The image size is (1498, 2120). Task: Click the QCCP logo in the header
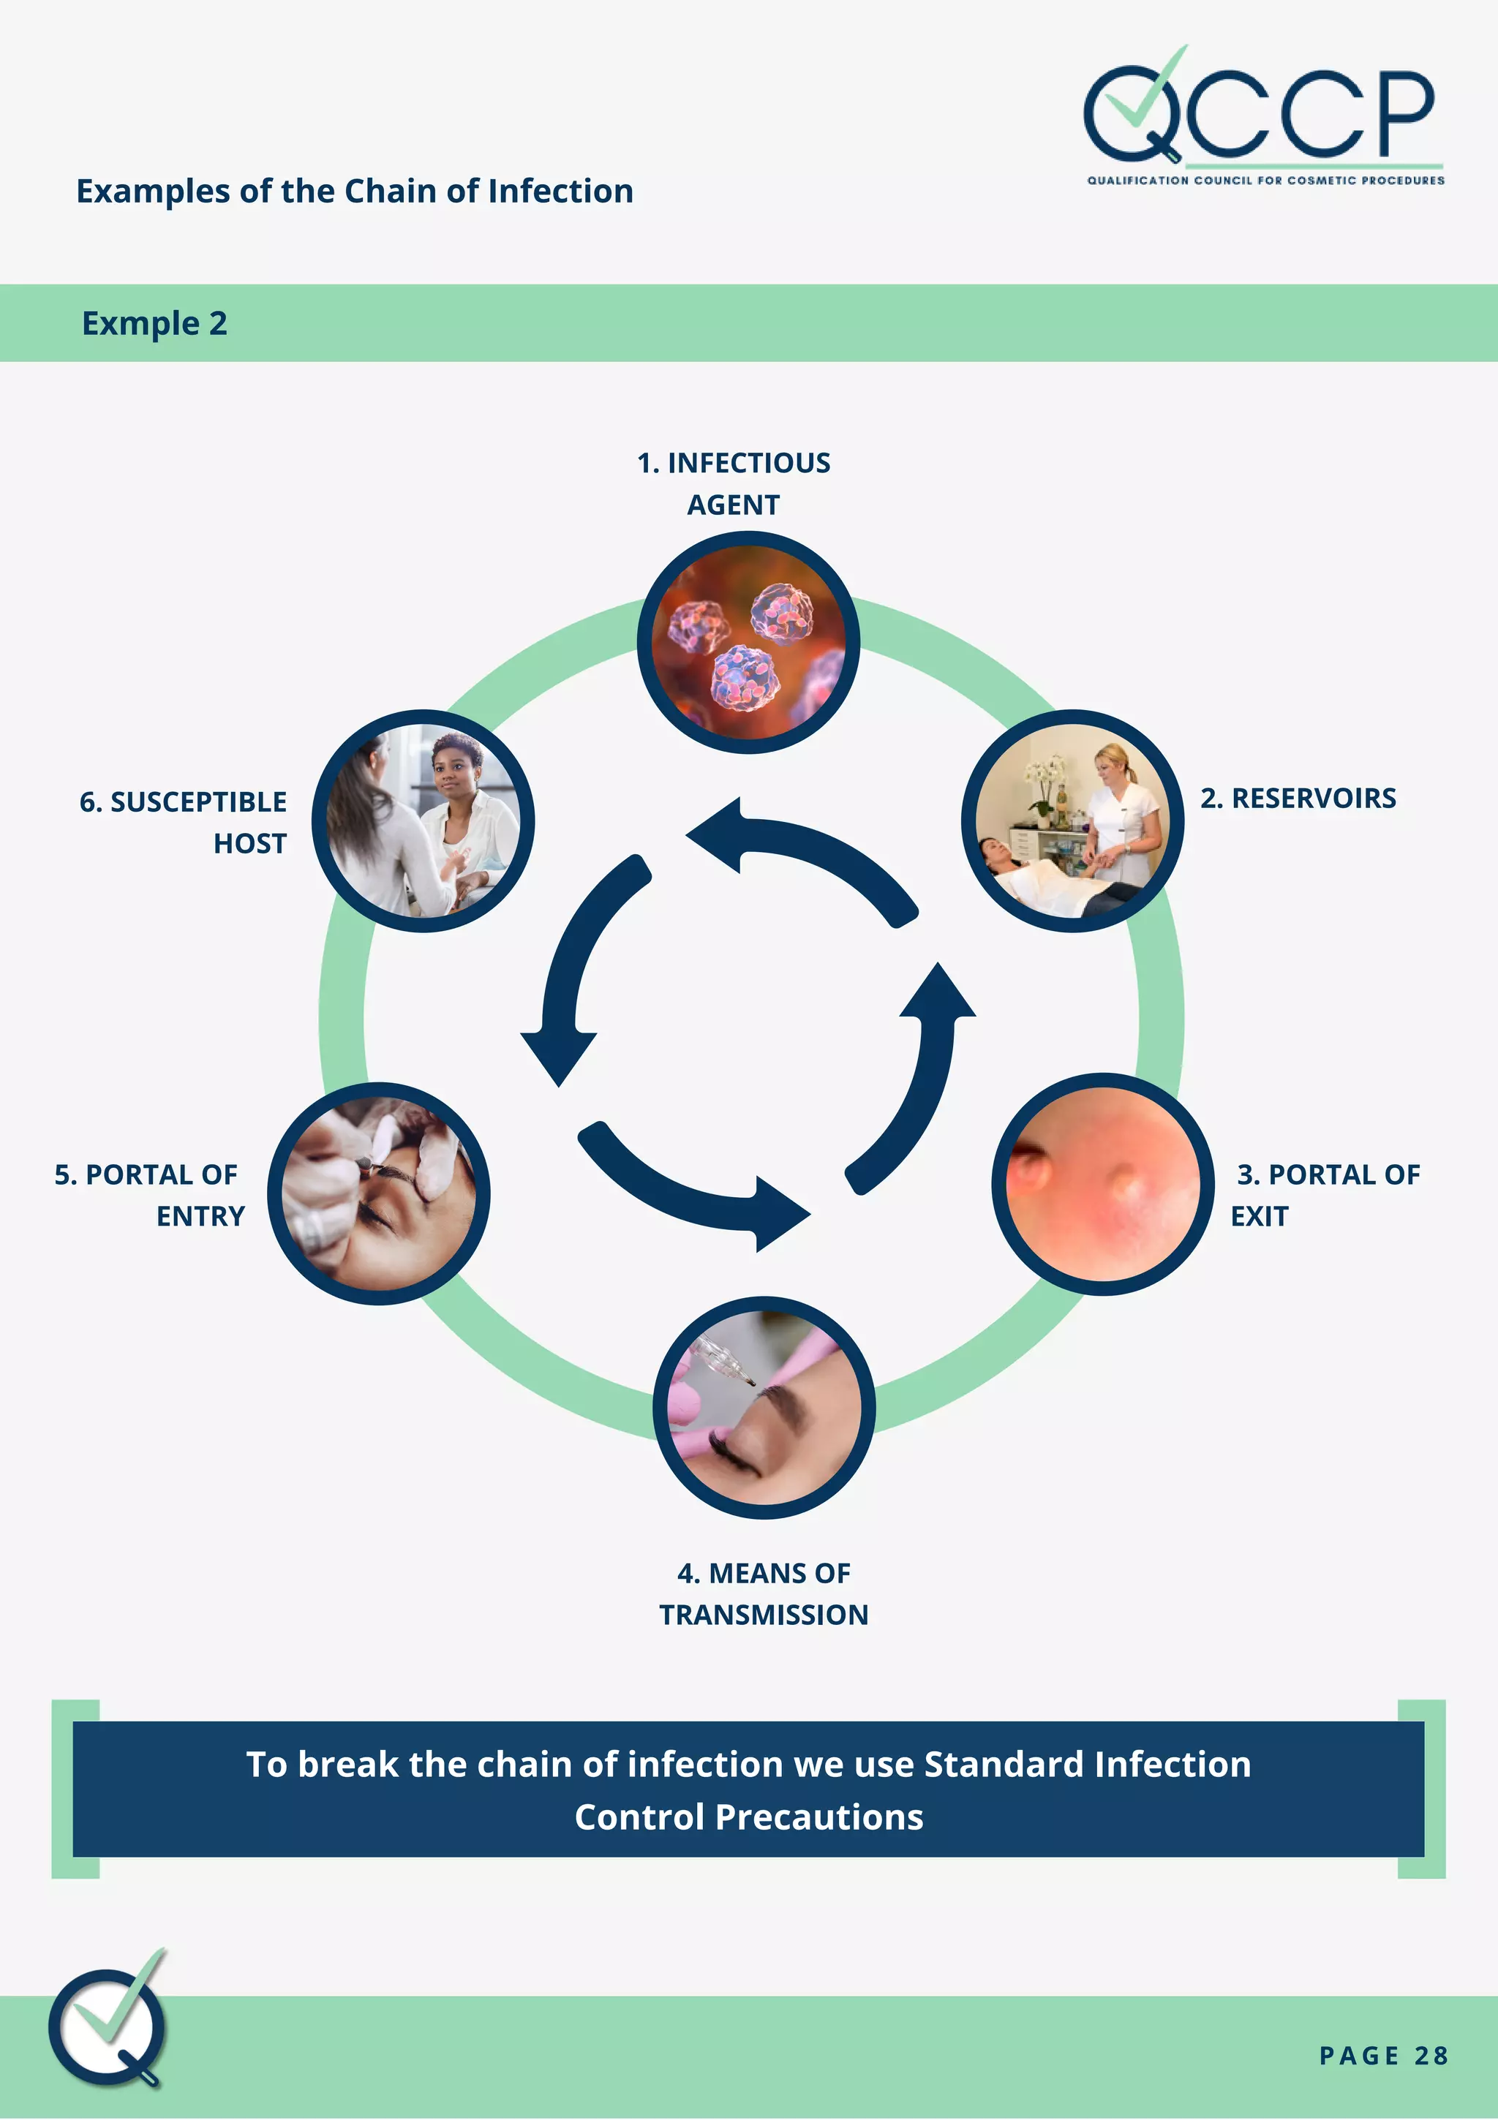1262,116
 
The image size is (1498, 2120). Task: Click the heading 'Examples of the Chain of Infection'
355,191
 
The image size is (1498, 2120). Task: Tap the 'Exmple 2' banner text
154,324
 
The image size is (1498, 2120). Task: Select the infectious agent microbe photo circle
748,643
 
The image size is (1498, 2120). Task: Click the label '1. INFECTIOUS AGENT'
734,483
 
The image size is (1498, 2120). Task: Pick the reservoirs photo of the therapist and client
1072,821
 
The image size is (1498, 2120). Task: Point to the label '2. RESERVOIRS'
1298,798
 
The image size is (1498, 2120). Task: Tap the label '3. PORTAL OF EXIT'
1325,1195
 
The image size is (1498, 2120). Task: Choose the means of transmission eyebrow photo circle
764,1407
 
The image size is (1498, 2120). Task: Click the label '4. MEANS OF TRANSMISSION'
764,1593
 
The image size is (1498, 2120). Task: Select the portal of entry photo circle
379,1194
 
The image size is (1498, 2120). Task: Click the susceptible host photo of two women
423,821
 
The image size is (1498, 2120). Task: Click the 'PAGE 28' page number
1382,2056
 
